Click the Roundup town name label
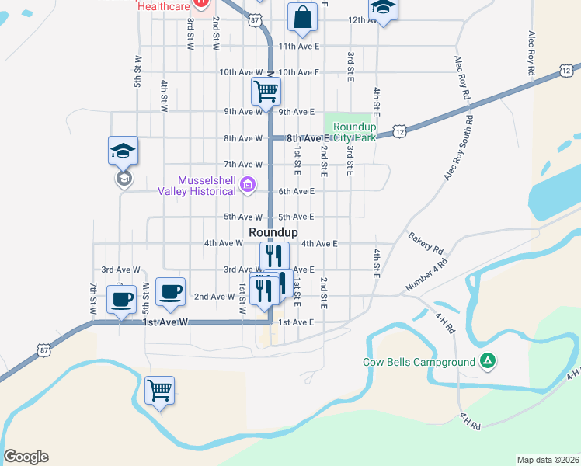coord(273,232)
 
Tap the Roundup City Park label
coord(354,132)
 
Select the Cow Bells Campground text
coord(419,362)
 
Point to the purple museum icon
coord(248,185)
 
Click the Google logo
coord(26,457)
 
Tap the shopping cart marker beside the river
coord(159,390)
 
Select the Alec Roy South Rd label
coord(459,148)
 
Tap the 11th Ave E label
coord(299,47)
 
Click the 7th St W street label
coord(93,299)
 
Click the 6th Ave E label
coord(296,191)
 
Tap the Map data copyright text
coord(548,460)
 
